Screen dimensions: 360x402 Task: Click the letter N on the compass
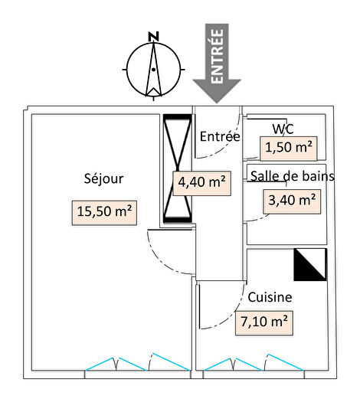point(154,37)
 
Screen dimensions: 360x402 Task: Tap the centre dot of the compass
point(153,70)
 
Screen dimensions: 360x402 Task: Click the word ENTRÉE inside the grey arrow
point(217,56)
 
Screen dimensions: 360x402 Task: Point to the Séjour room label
point(103,178)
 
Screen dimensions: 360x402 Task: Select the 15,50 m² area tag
point(104,213)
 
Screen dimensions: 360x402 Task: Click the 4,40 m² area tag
point(202,183)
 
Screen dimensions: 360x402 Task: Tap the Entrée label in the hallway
point(220,136)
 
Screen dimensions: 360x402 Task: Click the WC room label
point(283,129)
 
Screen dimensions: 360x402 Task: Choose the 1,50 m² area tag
point(289,149)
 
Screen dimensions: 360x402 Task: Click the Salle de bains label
point(293,176)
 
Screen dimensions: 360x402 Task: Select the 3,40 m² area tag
point(292,201)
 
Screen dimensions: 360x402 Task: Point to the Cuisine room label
point(270,297)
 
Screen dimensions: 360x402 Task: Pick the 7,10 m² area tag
point(264,323)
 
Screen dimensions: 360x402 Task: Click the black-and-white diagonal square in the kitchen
point(310,265)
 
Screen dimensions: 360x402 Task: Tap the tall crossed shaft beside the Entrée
point(178,168)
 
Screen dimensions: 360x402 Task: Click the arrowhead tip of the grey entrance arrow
point(217,103)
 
